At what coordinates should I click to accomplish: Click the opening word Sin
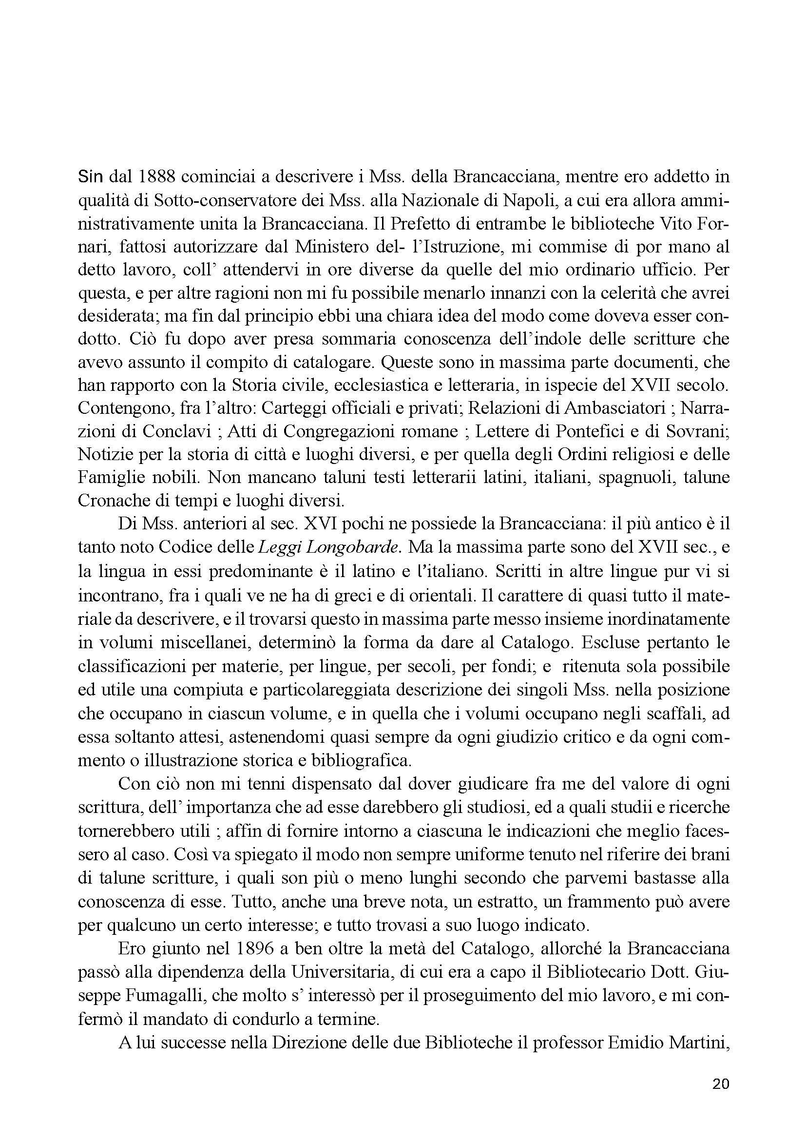pyautogui.click(x=89, y=177)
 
